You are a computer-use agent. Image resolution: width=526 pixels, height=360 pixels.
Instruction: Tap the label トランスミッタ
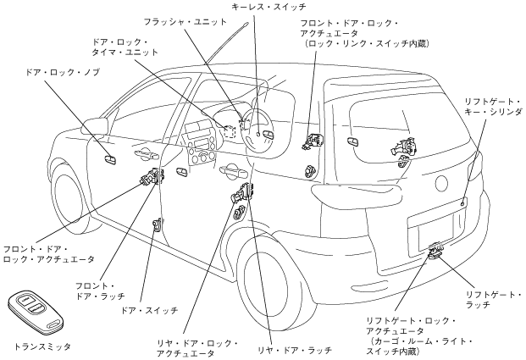(x=43, y=346)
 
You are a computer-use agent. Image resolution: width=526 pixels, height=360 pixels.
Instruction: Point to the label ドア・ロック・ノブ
(x=64, y=74)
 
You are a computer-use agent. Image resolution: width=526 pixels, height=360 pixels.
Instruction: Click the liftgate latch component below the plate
(x=438, y=251)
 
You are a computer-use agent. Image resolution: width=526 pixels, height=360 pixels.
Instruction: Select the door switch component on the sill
(x=157, y=224)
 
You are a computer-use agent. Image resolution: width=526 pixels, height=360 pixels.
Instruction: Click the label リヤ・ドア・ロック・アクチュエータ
(x=198, y=348)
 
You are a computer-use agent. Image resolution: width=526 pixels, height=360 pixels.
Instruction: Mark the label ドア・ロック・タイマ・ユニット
(x=122, y=47)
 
